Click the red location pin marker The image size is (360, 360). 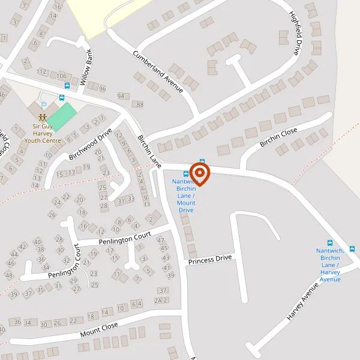(199, 174)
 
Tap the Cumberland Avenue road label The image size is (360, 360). (158, 71)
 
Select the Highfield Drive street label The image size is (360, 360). (294, 34)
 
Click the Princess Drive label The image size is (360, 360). (209, 260)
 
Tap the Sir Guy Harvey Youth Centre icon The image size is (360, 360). (42, 117)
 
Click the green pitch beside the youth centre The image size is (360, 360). (63, 115)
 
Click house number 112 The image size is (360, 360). (41, 71)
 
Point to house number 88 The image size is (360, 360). (140, 105)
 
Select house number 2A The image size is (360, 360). (158, 300)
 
